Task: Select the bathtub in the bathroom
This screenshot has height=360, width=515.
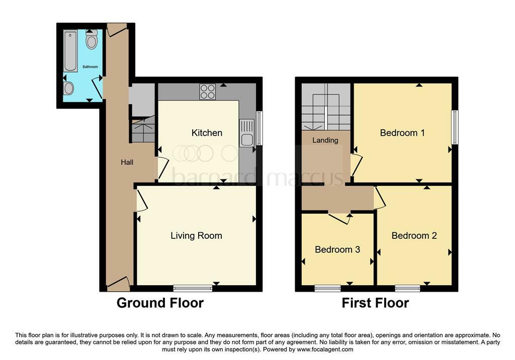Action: coord(70,51)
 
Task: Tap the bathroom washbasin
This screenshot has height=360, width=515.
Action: coord(68,88)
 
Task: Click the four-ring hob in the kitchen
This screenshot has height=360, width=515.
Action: coord(208,92)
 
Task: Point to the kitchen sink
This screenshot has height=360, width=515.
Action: coord(246,132)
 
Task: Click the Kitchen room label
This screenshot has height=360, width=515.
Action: coord(207,133)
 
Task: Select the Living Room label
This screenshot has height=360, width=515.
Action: coord(196,235)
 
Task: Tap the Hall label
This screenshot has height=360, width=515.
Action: coord(127,162)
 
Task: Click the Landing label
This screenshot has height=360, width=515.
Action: coord(325,140)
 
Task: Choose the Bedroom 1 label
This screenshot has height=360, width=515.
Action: coord(402,133)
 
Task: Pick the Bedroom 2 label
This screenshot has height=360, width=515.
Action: coord(414,235)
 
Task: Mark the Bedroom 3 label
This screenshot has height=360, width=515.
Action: coord(337,249)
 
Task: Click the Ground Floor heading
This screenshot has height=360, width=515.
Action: coord(160,303)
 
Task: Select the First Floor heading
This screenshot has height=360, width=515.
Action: coord(375,303)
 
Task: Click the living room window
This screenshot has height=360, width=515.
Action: coord(193,289)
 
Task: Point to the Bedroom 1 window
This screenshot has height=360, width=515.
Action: coord(455,127)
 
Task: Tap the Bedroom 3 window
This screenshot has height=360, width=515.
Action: coord(327,289)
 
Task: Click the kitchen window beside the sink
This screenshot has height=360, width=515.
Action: coord(260,128)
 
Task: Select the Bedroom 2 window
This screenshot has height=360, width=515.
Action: coord(407,289)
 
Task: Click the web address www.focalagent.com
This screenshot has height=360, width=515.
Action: coord(325,349)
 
